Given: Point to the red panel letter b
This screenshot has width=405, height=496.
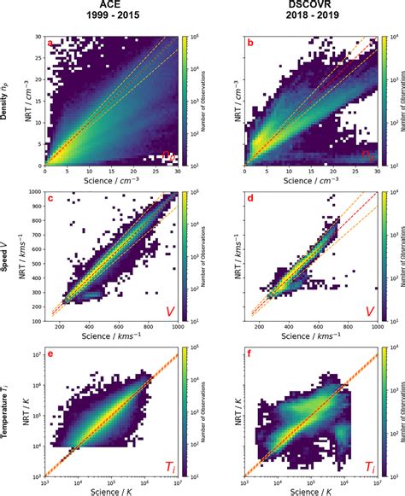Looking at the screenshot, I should [x=250, y=42].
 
